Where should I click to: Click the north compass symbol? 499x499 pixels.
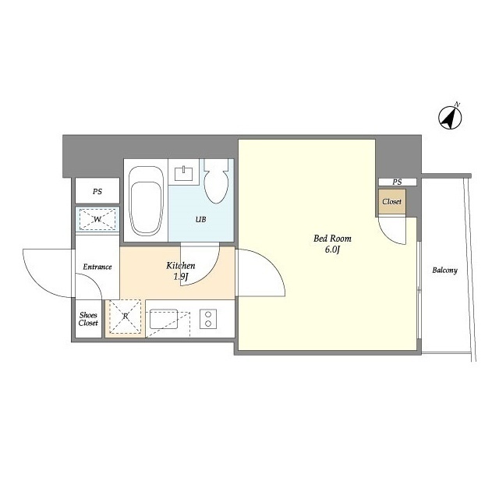450,117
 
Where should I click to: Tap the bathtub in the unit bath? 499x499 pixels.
146,201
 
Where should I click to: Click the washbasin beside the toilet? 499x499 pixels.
184,172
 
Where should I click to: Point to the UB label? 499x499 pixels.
200,219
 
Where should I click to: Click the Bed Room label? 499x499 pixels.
332,239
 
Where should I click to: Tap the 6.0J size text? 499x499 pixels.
332,249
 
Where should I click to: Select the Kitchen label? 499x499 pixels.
180,265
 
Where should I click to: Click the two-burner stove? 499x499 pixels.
208,319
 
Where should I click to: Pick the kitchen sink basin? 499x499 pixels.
164,319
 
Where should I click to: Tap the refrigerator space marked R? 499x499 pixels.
126,317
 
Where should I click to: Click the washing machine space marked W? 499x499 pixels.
97,219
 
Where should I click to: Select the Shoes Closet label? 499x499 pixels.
88,319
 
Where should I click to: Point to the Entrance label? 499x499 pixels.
97,267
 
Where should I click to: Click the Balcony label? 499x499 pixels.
444,271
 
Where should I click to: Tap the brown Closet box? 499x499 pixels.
392,202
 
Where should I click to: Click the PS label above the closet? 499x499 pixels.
397,182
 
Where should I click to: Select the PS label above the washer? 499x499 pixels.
97,192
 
